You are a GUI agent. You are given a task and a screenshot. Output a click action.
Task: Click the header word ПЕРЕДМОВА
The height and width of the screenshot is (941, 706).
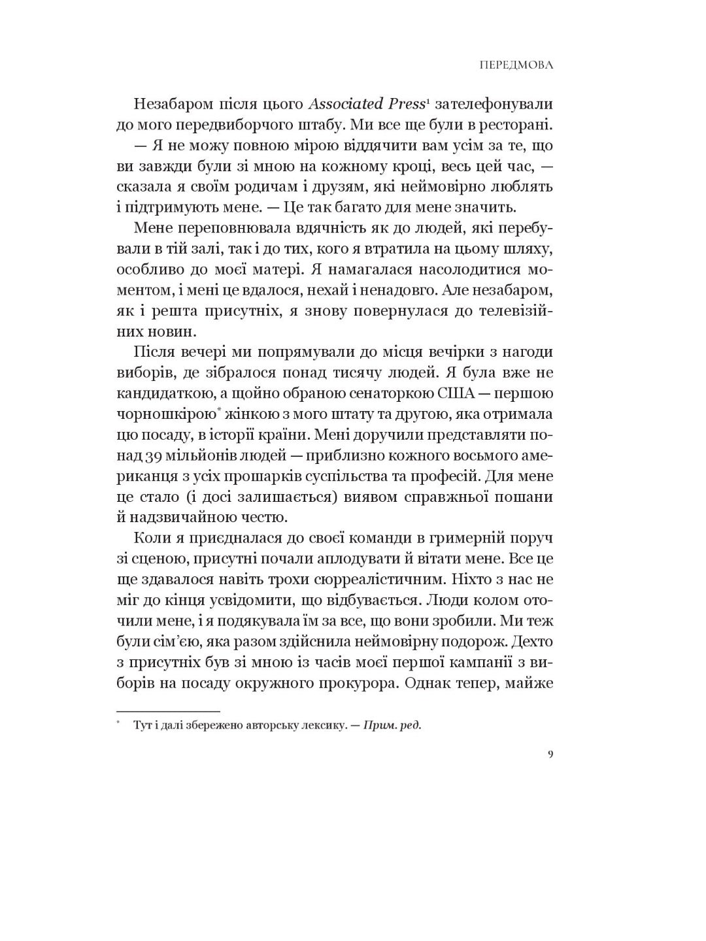(x=516, y=65)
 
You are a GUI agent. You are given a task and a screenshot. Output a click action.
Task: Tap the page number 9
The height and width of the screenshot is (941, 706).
(x=550, y=755)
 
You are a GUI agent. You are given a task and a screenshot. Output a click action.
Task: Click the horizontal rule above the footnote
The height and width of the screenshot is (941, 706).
(x=169, y=711)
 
